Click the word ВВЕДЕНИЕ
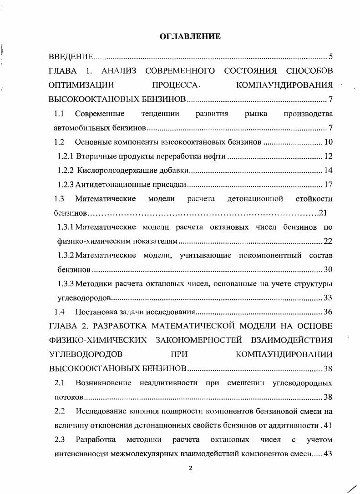click(71, 57)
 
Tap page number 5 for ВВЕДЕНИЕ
click(331, 57)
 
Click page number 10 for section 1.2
click(328, 142)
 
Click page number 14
click(328, 171)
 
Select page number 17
click(328, 185)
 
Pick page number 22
click(328, 241)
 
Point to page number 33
click(328, 298)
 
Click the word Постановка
click(94, 312)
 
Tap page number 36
click(328, 312)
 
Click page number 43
click(328, 454)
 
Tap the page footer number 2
click(191, 470)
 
